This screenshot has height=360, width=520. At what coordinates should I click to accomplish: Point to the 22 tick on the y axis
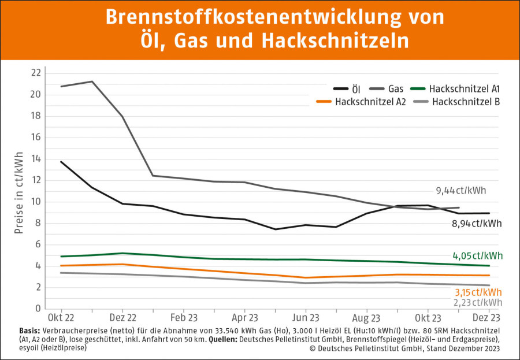[36, 73]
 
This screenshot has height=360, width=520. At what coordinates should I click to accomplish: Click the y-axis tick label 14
[36, 159]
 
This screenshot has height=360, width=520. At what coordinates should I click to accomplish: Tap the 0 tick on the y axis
[38, 309]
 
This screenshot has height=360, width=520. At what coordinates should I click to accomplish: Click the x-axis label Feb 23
[183, 318]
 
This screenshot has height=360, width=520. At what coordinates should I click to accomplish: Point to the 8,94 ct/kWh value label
[477, 223]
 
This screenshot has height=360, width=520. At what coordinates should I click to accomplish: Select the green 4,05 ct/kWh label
[477, 255]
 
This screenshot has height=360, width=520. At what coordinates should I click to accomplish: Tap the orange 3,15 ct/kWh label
[478, 292]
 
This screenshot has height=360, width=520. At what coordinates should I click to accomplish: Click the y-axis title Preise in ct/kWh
[19, 193]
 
